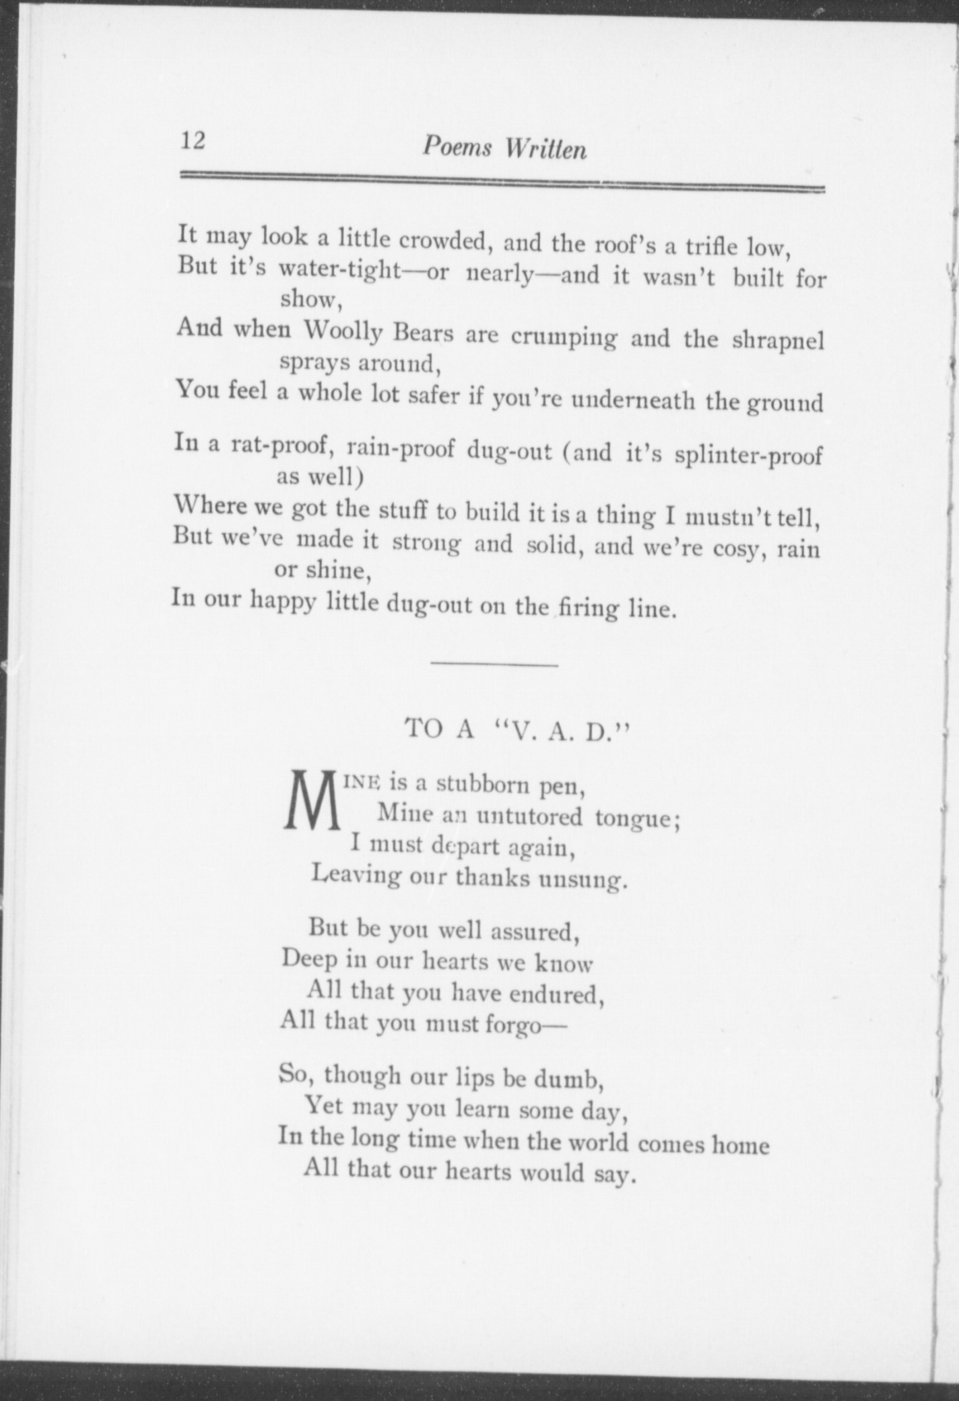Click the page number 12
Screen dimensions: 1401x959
click(192, 141)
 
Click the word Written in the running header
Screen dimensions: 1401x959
click(545, 149)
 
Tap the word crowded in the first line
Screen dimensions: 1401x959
click(442, 241)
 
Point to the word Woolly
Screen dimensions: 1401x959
click(343, 331)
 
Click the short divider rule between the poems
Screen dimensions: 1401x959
click(494, 665)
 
